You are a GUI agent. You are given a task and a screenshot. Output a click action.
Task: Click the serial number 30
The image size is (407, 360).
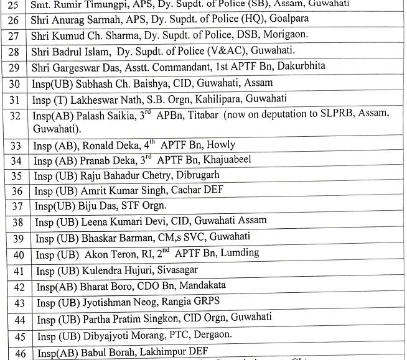(12, 83)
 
